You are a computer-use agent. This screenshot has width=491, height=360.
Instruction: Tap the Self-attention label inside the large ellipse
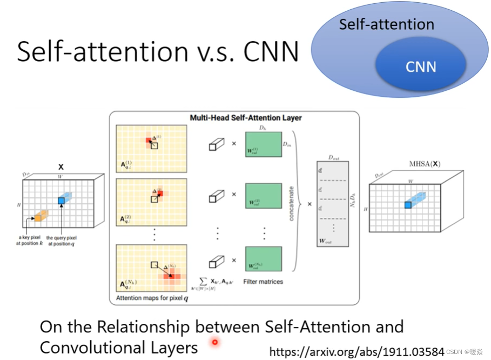coord(386,24)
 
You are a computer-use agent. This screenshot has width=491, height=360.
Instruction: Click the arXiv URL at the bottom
coord(357,352)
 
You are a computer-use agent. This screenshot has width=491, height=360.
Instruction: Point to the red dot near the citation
coord(215,342)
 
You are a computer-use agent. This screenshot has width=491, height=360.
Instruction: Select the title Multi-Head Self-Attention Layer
coord(246,117)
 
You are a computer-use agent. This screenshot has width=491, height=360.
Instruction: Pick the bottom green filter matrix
coord(264,261)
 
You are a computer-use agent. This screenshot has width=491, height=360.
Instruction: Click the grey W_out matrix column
coord(331,205)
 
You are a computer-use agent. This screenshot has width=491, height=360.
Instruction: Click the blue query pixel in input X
coord(62,201)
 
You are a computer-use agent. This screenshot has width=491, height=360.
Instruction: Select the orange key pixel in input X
coord(38,218)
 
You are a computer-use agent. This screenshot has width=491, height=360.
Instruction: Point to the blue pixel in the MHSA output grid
coord(408,205)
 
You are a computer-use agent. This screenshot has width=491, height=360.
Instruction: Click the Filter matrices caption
coord(263,282)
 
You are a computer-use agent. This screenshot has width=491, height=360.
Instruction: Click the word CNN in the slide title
coord(271,52)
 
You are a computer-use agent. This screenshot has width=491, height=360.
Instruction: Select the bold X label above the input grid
coord(60,168)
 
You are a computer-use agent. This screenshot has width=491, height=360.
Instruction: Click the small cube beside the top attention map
coord(216,144)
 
